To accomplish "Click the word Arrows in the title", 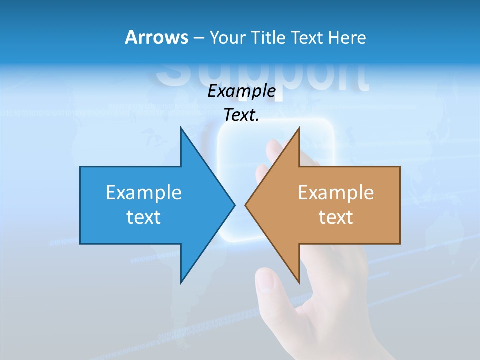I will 156,37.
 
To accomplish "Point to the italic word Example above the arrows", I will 241,91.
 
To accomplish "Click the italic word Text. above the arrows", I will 241,115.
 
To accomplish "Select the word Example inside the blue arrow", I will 144,192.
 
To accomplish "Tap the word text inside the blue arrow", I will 144,217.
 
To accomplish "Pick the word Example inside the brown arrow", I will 336,192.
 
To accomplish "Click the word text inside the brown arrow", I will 336,217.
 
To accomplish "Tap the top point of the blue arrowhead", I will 181,128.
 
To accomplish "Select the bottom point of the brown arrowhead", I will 299,283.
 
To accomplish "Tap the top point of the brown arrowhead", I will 299,128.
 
